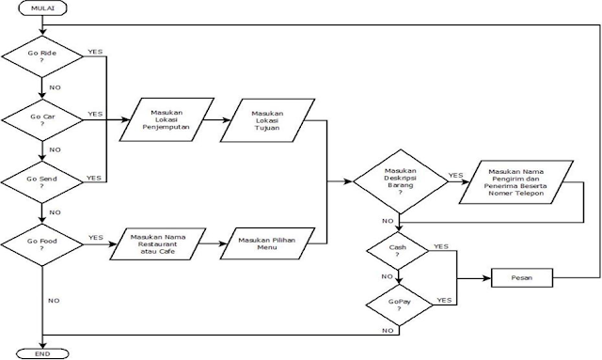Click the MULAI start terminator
[x=43, y=8]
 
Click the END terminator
[x=43, y=353]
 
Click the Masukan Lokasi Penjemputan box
[x=166, y=120]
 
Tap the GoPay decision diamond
[x=400, y=305]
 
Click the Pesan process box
[x=520, y=279]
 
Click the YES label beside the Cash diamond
[x=440, y=246]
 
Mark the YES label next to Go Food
[x=95, y=237]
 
